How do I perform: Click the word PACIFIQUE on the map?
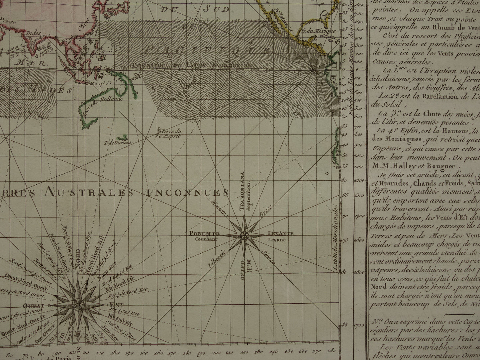coord(208,50)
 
